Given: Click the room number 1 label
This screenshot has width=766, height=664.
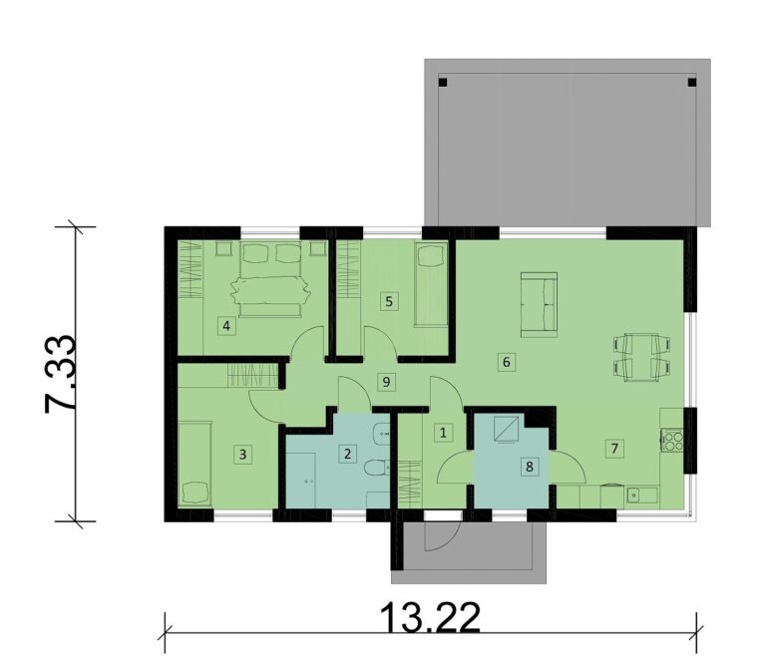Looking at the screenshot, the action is [443, 433].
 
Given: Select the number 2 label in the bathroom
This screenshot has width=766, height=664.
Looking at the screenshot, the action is [347, 454].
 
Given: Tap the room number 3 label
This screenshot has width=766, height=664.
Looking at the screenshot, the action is [242, 455].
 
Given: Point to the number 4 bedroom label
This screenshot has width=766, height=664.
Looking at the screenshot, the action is [226, 326].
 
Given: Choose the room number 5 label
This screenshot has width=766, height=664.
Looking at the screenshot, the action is [389, 301].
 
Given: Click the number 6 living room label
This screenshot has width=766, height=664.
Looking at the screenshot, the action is [506, 362].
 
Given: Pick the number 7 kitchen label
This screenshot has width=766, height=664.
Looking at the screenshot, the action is [614, 448].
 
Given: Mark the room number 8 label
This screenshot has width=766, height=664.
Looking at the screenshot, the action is [530, 467].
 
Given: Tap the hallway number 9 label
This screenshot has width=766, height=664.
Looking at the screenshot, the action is [386, 382].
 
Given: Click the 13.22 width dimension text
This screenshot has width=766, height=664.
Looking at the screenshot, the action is [430, 617].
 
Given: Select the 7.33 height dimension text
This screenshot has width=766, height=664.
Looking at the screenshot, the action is [61, 374].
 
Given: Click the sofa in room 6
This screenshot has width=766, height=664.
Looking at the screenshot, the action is [539, 305].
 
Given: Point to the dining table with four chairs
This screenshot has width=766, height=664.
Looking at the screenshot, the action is [641, 357].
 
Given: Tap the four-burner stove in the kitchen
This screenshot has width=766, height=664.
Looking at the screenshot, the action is [672, 440].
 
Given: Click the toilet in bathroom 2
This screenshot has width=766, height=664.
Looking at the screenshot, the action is [377, 469].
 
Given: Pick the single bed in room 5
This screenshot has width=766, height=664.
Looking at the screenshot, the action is [431, 284].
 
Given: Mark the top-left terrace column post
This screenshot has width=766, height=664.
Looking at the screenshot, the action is [443, 82].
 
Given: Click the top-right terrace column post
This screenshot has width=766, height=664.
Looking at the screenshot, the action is [692, 82].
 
